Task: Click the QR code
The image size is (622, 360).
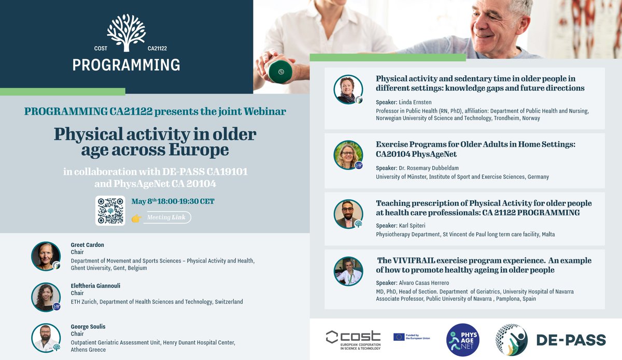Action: (110, 211)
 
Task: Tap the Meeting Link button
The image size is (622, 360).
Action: (167, 217)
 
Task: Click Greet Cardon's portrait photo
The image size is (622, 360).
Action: (46, 256)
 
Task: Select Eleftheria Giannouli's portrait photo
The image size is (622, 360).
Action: (46, 297)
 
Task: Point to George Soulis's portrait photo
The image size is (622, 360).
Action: (46, 338)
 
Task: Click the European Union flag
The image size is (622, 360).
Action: (399, 337)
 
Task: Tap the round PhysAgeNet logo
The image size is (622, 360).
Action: (463, 340)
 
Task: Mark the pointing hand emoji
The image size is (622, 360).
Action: (136, 218)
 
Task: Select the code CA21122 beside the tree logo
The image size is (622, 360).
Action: (157, 49)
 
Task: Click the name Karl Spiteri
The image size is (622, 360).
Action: (413, 225)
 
